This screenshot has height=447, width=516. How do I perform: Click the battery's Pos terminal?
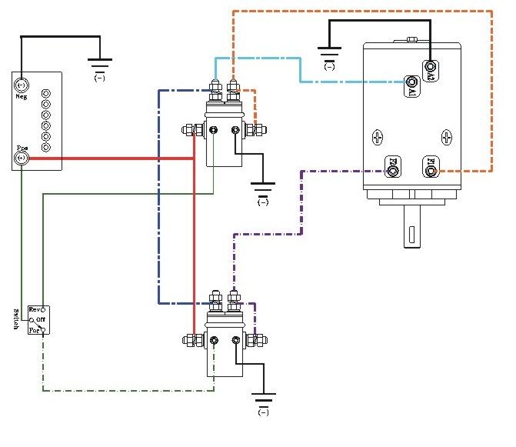pyautogui.click(x=22, y=158)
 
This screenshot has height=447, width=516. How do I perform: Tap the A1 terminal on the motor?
pyautogui.click(x=413, y=82)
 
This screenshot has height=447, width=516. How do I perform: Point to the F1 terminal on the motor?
pyautogui.click(x=431, y=164)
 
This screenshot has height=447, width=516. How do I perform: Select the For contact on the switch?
pyautogui.click(x=44, y=331)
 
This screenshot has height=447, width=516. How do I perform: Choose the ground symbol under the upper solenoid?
pyautogui.click(x=263, y=189)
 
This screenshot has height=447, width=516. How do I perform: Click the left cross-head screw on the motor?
pyautogui.click(x=378, y=138)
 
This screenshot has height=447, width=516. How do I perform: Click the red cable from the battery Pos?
pyautogui.click(x=115, y=158)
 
